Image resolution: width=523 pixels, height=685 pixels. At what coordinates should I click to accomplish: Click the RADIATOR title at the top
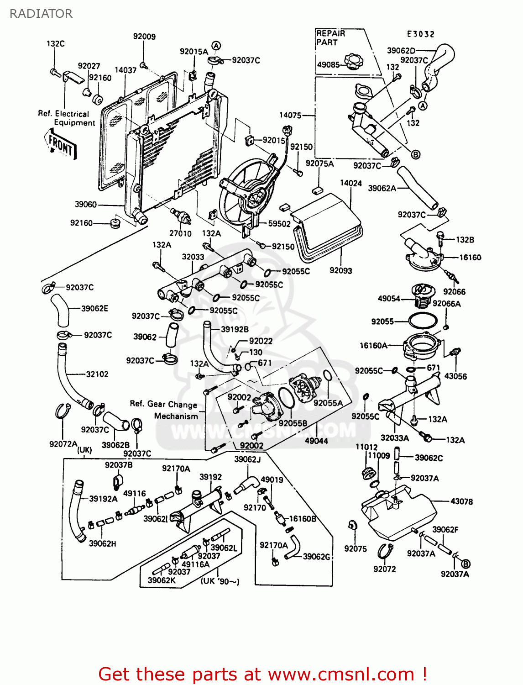[41, 14]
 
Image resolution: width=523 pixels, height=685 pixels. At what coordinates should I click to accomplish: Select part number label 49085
[328, 65]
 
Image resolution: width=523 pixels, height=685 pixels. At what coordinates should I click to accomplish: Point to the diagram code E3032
[421, 34]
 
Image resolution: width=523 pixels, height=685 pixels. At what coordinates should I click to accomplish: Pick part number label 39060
[86, 204]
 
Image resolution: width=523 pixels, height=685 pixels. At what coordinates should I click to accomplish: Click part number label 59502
[279, 224]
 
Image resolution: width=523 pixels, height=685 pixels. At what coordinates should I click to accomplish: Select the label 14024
[351, 183]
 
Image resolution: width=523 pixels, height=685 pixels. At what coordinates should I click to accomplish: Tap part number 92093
[341, 270]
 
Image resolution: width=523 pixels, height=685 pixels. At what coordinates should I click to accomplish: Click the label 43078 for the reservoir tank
[461, 501]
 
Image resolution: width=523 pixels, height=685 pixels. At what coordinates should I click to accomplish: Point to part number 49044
[316, 441]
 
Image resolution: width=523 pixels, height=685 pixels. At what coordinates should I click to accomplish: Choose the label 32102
[97, 374]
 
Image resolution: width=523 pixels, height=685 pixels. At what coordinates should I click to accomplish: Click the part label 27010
[180, 233]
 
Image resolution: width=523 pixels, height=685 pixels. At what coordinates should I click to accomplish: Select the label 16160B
[303, 519]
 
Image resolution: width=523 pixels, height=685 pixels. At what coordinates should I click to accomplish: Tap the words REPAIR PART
[330, 38]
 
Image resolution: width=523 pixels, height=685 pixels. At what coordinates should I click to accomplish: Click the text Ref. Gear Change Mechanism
[164, 410]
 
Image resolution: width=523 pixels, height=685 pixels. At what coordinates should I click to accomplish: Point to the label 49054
[389, 299]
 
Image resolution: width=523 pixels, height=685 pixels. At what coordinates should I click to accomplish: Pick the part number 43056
[455, 376]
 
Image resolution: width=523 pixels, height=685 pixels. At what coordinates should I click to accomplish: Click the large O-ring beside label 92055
[423, 321]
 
